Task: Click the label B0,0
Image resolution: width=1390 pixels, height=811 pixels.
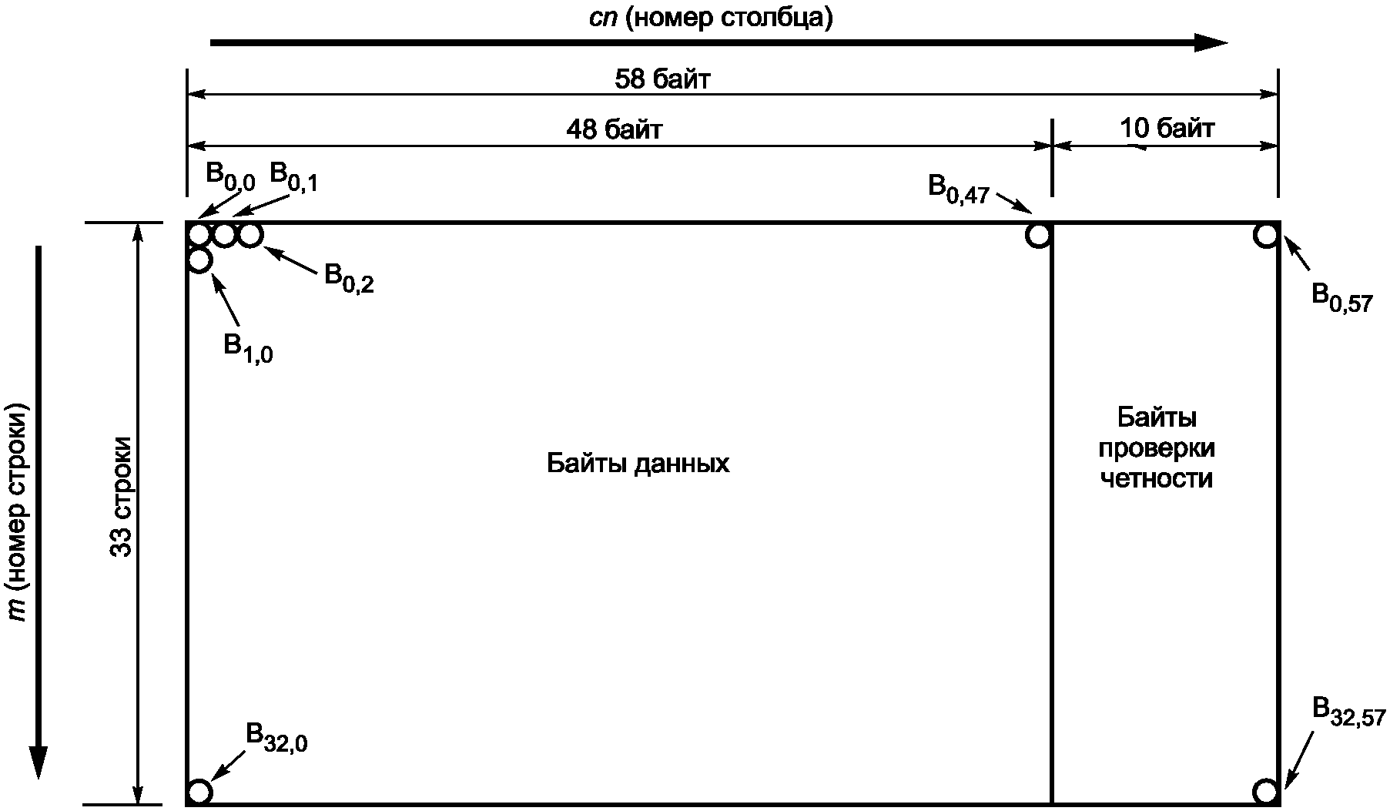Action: pos(229,176)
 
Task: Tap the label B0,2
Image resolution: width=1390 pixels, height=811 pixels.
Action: pos(349,278)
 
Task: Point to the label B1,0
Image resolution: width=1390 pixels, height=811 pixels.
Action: pos(248,349)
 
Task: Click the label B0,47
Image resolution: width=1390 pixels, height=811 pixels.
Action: pos(958,189)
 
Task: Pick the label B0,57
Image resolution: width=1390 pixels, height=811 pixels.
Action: pos(1341,297)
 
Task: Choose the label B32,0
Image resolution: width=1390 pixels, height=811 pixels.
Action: pos(276,737)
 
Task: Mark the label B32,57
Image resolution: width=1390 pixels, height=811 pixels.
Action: pos(1348,712)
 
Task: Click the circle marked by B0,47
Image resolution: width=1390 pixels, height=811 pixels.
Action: pos(1038,235)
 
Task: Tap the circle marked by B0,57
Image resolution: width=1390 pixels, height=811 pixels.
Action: pos(1266,235)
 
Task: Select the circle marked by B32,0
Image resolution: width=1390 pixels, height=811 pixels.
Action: pos(199,791)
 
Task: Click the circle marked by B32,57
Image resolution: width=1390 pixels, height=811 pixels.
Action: pos(1265,791)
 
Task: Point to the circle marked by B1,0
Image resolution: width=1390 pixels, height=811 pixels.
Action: pos(199,260)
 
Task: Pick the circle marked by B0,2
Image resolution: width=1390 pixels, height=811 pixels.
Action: pos(250,234)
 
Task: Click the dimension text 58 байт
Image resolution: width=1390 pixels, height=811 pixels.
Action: pos(662,79)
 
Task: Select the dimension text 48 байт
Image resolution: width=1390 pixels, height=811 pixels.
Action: pos(614,129)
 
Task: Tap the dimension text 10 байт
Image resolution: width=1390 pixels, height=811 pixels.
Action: pos(1167,128)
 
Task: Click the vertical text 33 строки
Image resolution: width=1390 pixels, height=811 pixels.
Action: pos(122,497)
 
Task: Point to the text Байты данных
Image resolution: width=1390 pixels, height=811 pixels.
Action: pos(638,464)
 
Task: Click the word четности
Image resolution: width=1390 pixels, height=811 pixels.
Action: pos(1157,478)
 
